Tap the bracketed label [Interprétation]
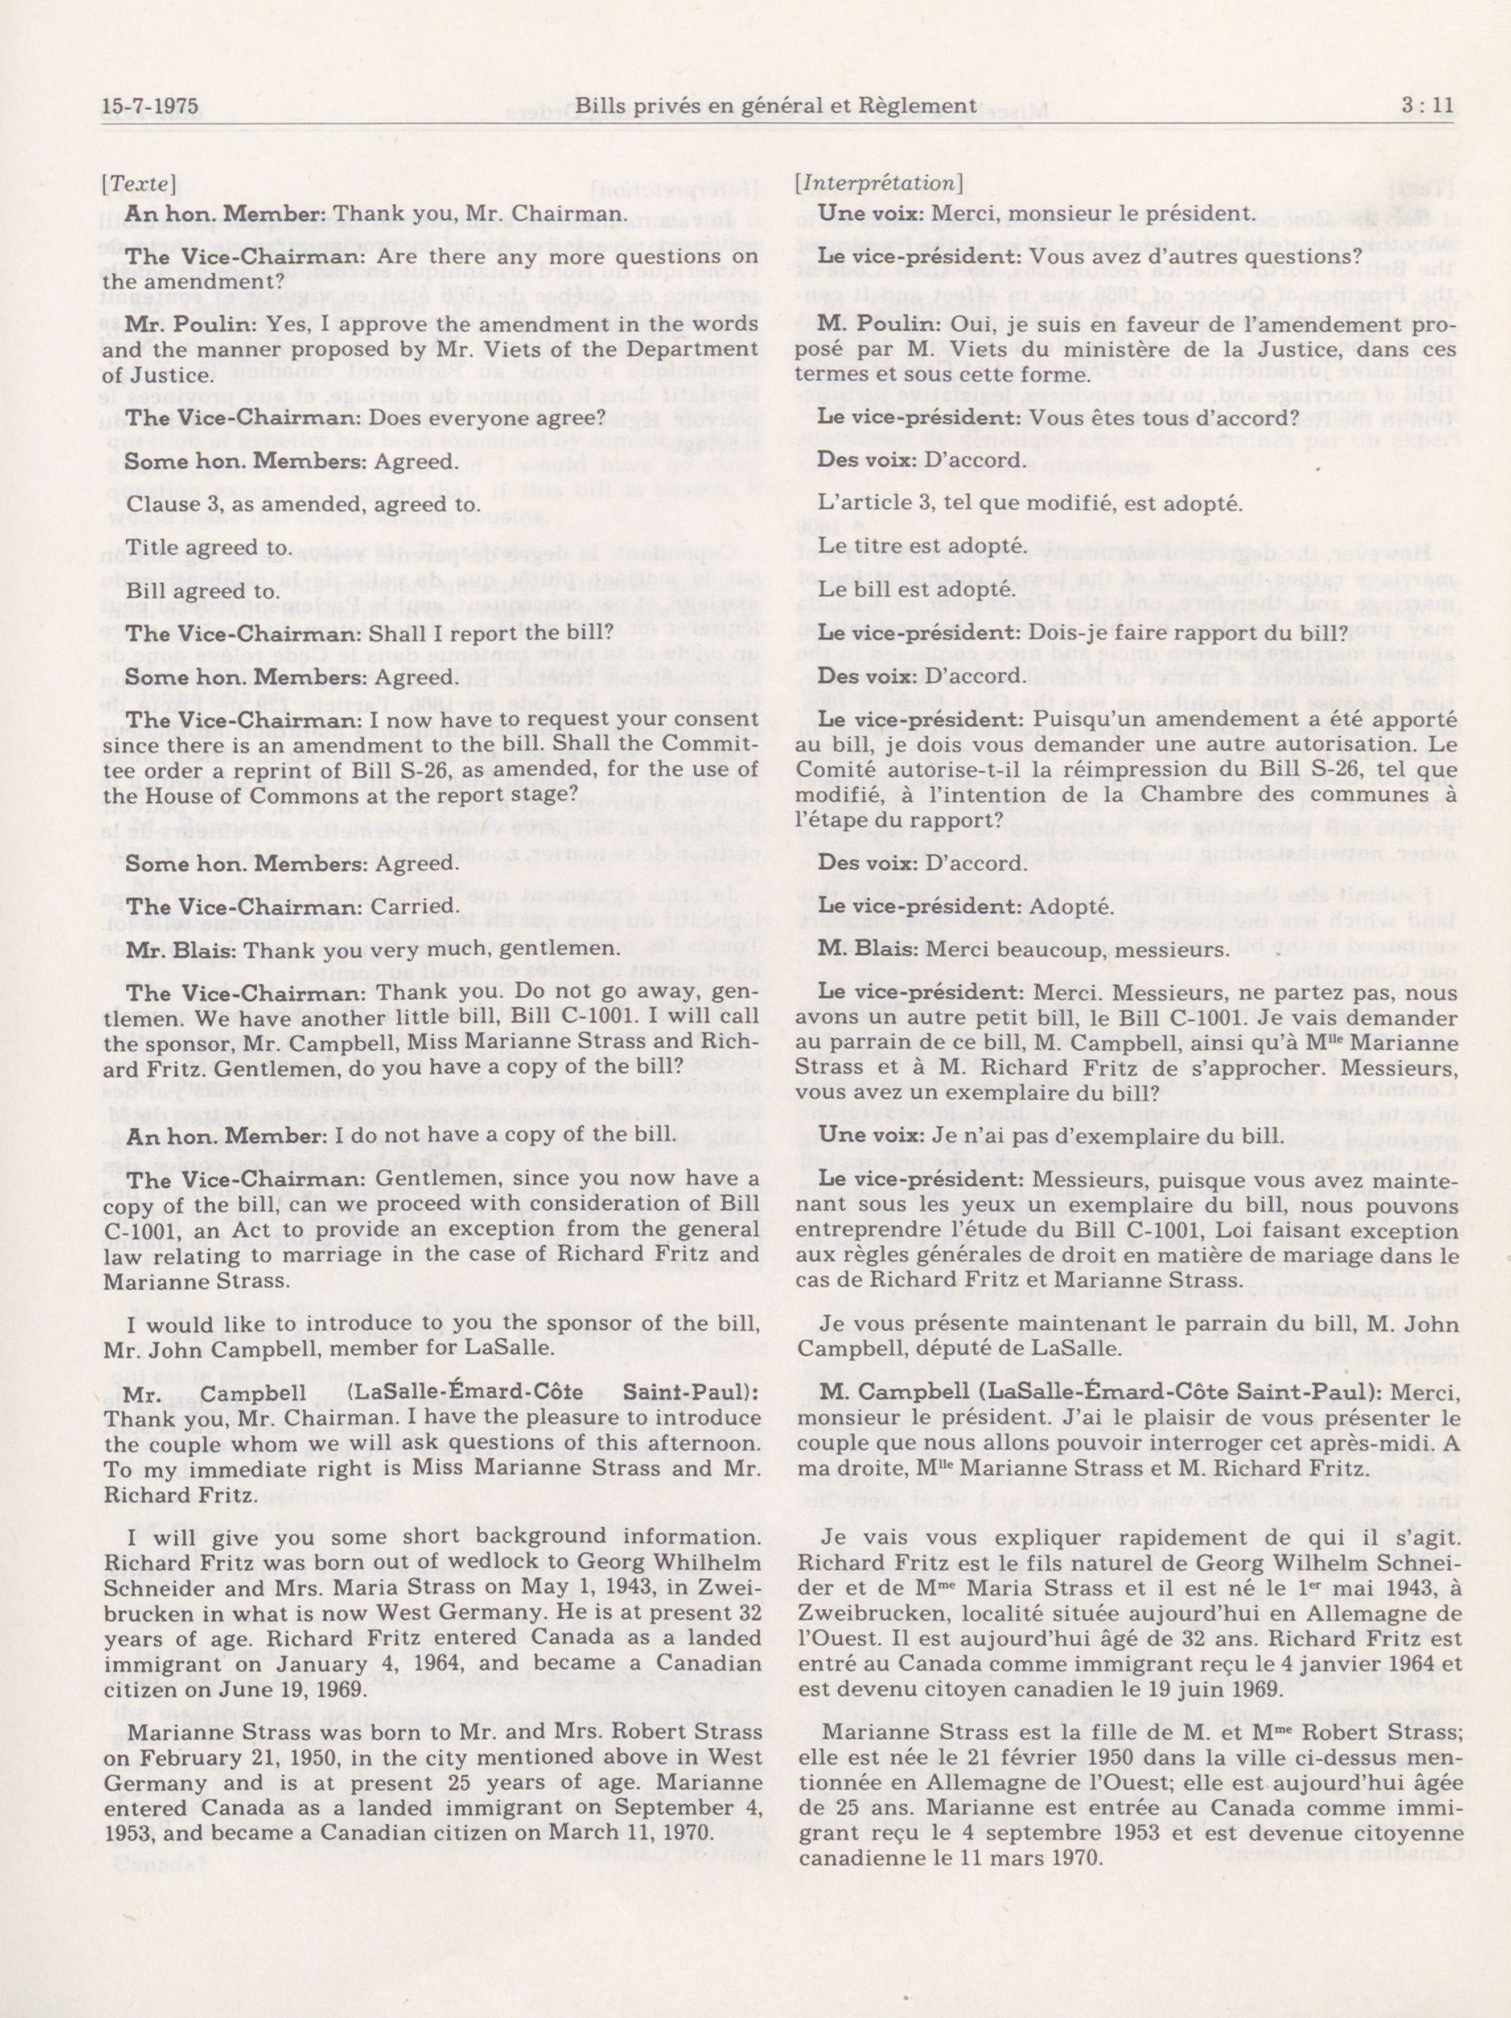879,184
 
